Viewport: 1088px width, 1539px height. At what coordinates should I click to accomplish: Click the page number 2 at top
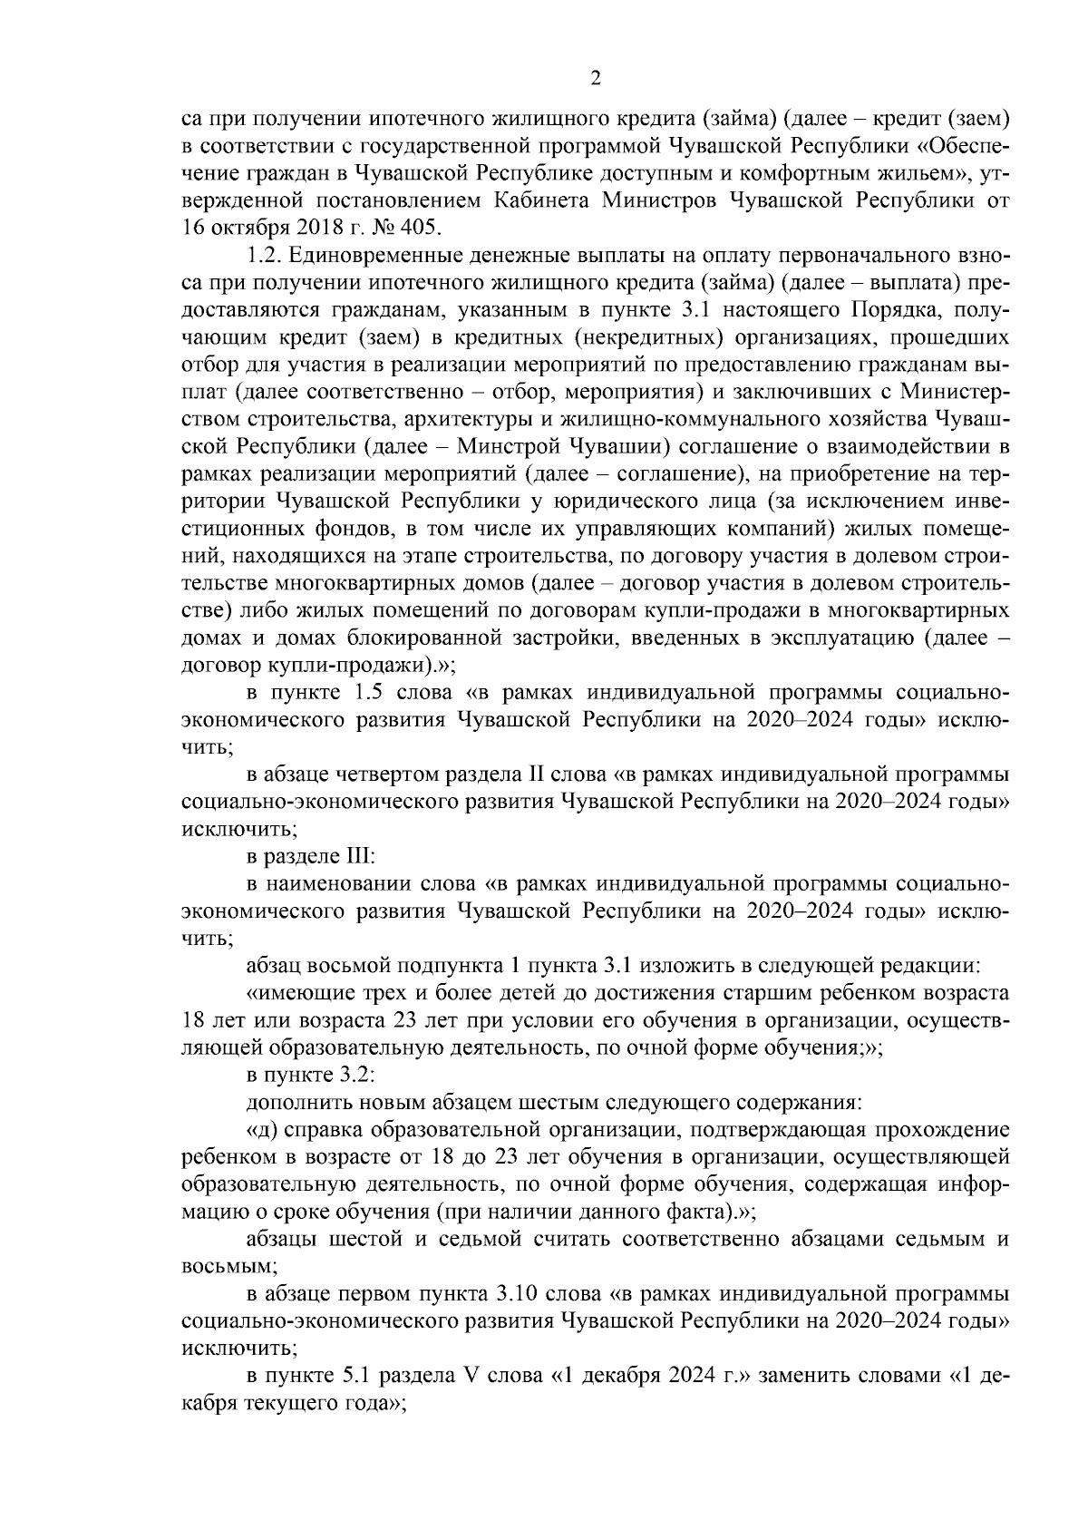pos(595,78)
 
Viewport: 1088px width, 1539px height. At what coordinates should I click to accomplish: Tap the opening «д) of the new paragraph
pos(263,1130)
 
